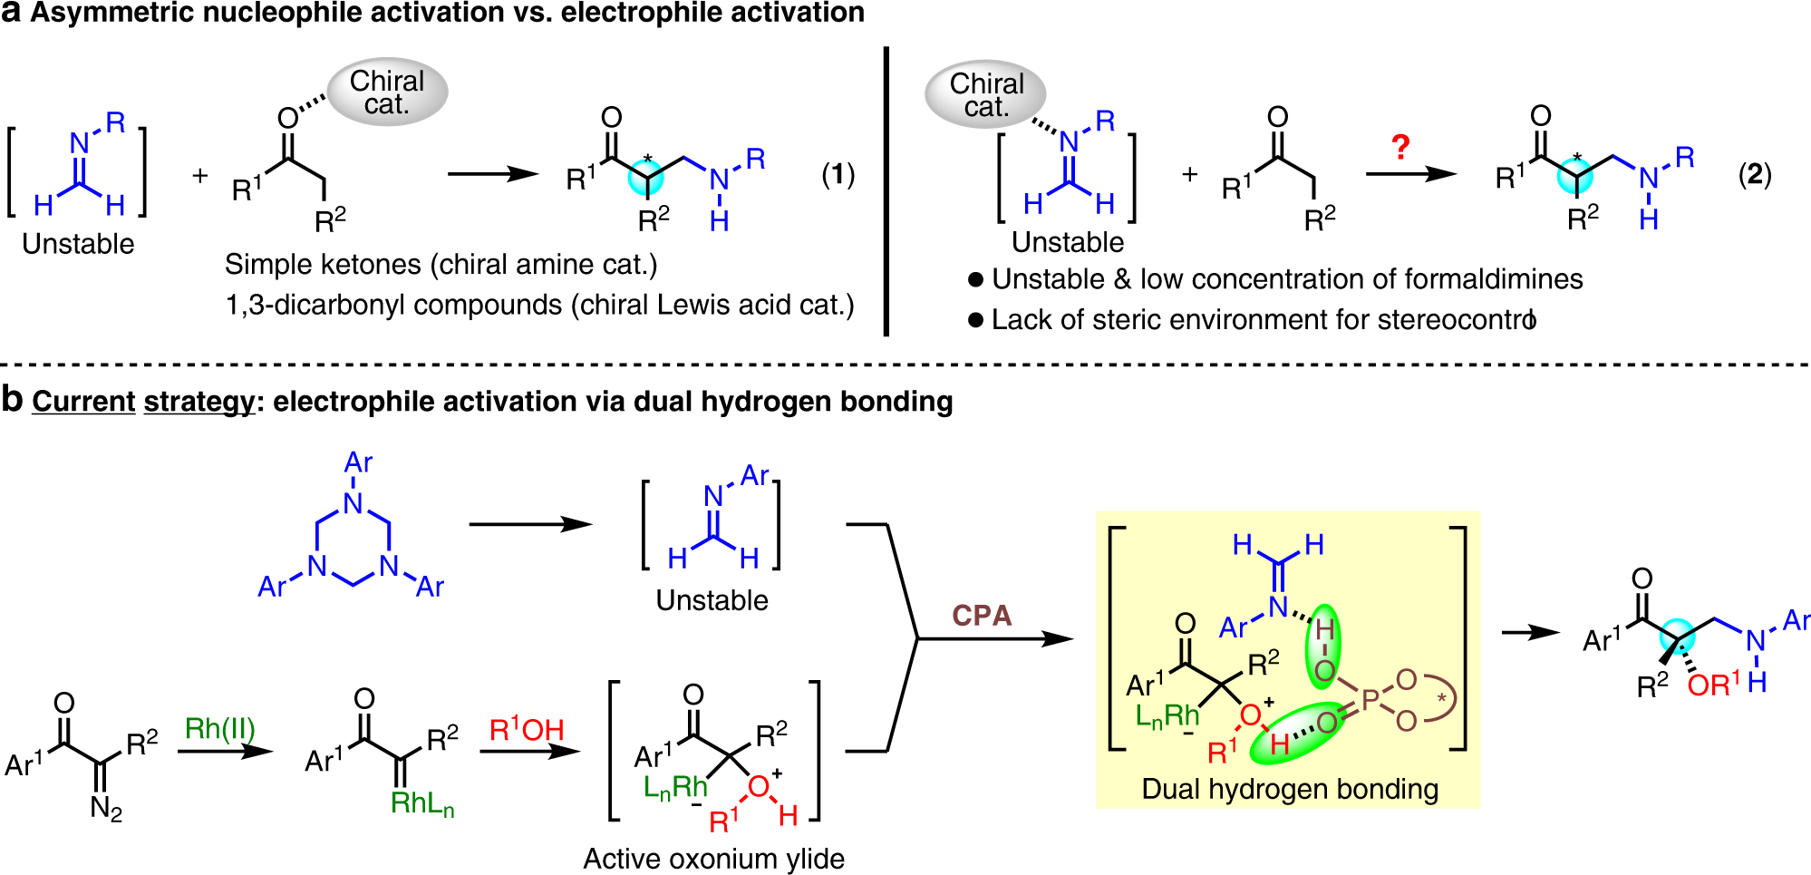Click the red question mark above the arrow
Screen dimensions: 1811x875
tap(1400, 147)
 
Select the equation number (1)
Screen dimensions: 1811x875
tap(838, 174)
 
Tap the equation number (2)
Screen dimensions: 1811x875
tap(1755, 174)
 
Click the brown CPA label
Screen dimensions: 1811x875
tap(982, 616)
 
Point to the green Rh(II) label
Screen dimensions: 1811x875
tap(220, 728)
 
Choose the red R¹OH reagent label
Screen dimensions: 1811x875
tap(527, 729)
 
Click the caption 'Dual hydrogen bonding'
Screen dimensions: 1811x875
tap(1290, 789)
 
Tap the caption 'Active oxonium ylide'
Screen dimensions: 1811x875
tap(714, 858)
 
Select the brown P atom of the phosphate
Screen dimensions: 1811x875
tap(1370, 699)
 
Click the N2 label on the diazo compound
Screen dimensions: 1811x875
tap(106, 807)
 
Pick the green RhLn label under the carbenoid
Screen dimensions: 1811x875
tap(422, 803)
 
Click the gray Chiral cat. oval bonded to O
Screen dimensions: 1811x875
tap(387, 92)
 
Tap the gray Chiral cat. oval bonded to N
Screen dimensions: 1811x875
tap(985, 94)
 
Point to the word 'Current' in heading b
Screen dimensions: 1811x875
tap(83, 401)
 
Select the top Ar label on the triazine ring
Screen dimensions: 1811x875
tap(358, 462)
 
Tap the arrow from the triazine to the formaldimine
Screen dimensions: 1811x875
tap(531, 524)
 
